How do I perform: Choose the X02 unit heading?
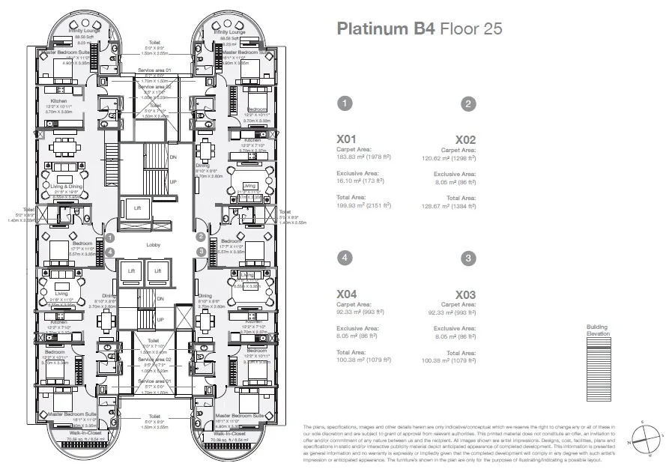click(465, 139)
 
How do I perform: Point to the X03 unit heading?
click(465, 294)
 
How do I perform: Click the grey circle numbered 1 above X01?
click(344, 103)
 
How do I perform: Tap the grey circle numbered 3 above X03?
click(468, 258)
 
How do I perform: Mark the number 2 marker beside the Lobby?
click(201, 237)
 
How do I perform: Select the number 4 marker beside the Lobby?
click(110, 252)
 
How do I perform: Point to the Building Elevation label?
click(598, 330)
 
